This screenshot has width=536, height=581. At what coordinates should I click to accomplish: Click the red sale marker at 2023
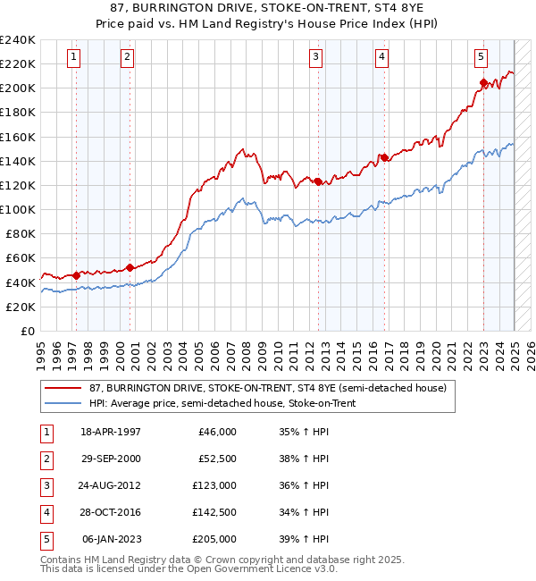(x=483, y=83)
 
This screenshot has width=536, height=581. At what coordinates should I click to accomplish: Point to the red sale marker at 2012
(x=318, y=181)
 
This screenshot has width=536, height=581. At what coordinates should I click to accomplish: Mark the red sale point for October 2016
(x=384, y=158)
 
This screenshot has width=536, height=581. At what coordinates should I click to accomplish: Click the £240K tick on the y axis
(x=18, y=40)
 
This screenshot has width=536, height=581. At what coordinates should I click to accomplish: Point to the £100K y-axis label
(x=18, y=209)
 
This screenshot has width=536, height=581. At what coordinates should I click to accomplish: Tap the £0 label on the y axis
(x=27, y=331)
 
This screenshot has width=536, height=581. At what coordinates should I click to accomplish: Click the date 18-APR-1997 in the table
(x=111, y=432)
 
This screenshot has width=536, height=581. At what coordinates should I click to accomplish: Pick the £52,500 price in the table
(x=217, y=459)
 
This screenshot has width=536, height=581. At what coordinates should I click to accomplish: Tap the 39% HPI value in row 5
(x=305, y=539)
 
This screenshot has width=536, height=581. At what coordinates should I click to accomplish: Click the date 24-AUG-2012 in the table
(x=111, y=485)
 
